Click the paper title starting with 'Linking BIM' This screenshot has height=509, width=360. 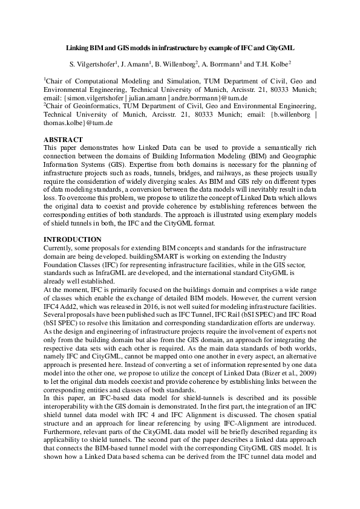[x=180, y=47]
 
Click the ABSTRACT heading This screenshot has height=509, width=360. [x=64, y=139]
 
